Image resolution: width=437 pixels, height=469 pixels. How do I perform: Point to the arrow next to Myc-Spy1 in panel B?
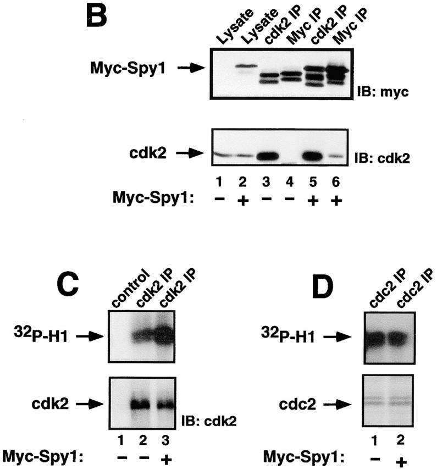pos(191,68)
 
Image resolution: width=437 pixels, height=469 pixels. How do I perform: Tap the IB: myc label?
pos(383,92)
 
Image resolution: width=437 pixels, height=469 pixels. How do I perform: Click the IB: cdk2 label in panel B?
pos(382,158)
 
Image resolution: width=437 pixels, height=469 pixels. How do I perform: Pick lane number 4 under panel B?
pos(289,181)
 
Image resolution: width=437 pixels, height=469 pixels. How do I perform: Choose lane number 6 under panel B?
pos(336,181)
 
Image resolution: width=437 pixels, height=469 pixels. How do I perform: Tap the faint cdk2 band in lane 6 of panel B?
pos(336,156)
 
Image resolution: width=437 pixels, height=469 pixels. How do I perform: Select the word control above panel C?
pos(131,289)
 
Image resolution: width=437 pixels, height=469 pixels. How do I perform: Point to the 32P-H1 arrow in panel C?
pos(90,336)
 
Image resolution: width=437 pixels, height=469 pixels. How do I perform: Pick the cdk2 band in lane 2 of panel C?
pos(142,404)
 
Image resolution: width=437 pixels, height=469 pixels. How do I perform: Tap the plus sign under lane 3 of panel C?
pos(165,460)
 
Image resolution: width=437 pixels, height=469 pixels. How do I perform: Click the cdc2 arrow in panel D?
pos(338,405)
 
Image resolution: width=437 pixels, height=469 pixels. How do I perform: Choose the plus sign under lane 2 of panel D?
pos(401,462)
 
